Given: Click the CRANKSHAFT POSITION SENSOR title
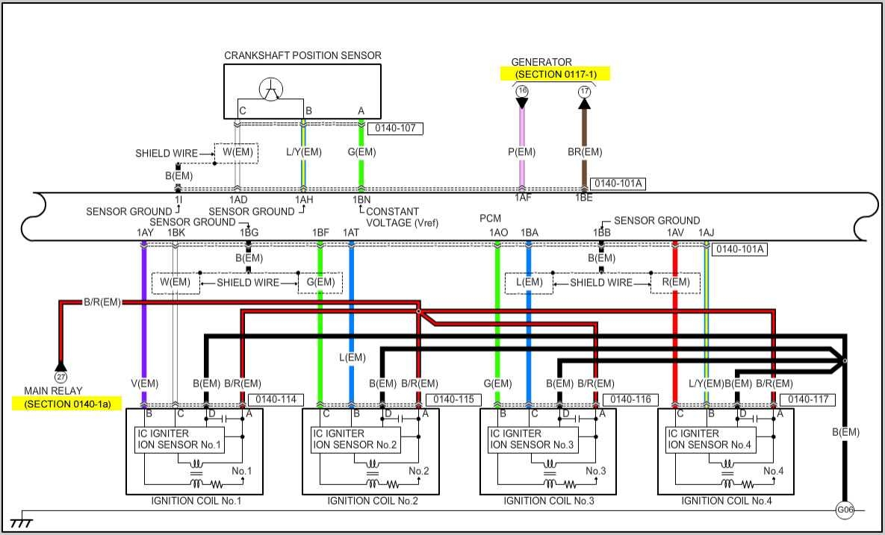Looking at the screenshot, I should pos(302,55).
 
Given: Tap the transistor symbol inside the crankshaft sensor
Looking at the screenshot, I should pos(271,90).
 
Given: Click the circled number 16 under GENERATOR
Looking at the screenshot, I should pos(522,91).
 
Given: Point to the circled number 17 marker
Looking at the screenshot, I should pos(584,91).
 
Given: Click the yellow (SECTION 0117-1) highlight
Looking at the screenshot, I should pos(554,74).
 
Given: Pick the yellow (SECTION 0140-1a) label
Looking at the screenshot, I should pos(66,404).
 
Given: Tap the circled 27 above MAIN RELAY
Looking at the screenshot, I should pos(60,366).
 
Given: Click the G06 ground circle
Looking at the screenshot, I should pos(845,510).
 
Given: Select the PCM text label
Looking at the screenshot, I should pos(491,219).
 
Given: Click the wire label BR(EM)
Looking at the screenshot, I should pos(584,152).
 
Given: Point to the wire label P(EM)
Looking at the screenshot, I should pos(521,152).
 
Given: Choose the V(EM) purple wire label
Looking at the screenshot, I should pos(144,384).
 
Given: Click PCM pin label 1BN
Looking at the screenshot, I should pos(361,200).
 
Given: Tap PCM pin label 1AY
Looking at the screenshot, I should pos(144,233).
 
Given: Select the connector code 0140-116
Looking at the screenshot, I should pos(633,399).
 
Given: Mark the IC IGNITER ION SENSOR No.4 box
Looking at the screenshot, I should pos(712,439).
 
